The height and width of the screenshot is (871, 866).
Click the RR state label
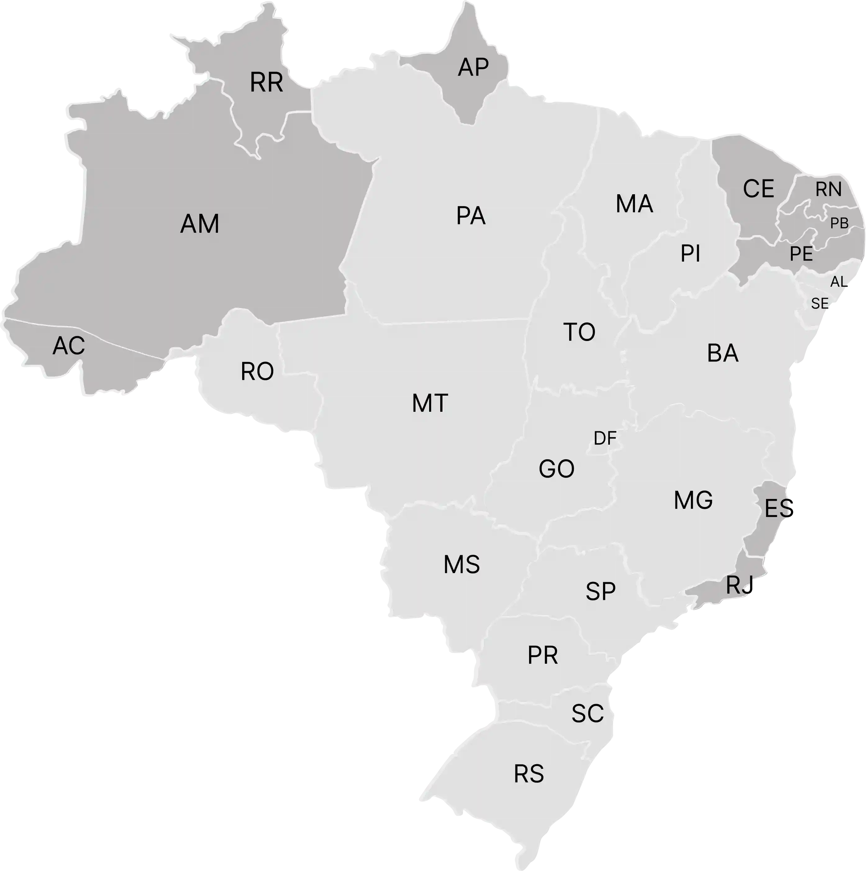coord(266,83)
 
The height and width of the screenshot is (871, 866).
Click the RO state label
coord(257,372)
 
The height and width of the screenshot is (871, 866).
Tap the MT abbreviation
coord(429,403)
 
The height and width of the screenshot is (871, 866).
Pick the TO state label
coord(579,332)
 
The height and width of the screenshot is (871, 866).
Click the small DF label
coord(604,438)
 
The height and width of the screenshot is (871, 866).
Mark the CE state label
coord(758,189)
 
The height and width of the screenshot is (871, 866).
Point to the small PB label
coord(839,223)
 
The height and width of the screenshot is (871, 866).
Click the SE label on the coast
coord(819,304)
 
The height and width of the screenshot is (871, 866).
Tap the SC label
coord(587,714)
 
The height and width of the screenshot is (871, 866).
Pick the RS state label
coord(528,774)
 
